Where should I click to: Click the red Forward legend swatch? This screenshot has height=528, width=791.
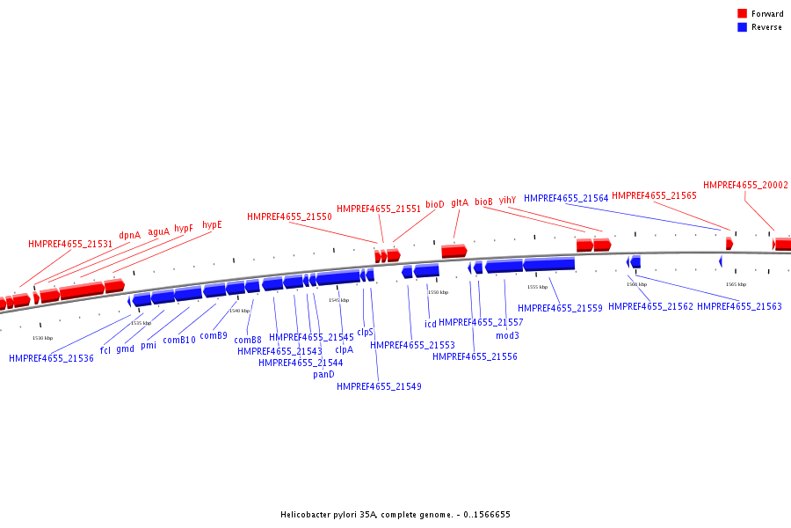pos(742,13)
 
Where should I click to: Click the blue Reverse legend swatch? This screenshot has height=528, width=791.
pos(742,27)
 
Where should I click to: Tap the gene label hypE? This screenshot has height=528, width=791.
pos(212,225)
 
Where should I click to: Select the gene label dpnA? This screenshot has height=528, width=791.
pos(129,236)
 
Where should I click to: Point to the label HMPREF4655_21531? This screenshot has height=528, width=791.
pos(70,245)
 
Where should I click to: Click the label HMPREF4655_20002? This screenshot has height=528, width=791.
pos(745,186)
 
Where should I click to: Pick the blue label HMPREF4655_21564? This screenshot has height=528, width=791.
pos(566,199)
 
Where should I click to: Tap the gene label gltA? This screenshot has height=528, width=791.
pos(460,202)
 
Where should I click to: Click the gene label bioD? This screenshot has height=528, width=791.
pos(435,204)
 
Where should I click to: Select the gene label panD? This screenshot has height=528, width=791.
pos(323,374)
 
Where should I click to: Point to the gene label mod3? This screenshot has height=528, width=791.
pos(507,335)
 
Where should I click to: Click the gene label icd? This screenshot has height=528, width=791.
pos(431,324)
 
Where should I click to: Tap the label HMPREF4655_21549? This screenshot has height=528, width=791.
pos(379,386)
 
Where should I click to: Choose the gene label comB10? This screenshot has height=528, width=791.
pos(179,340)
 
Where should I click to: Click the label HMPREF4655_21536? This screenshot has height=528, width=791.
pos(51,358)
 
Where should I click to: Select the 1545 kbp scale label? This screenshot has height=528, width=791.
pos(338,300)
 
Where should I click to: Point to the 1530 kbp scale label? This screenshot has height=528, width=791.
pos(42,338)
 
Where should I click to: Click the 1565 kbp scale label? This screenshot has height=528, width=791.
pos(736,284)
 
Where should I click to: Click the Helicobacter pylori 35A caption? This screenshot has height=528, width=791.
pos(395,515)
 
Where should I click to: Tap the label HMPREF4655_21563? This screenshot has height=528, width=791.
pos(739,307)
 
